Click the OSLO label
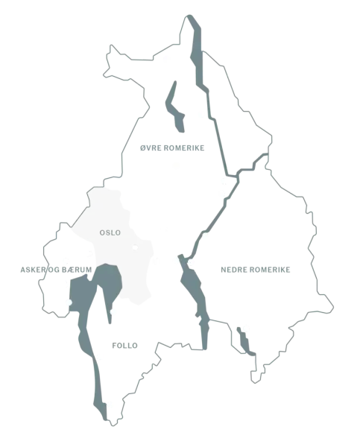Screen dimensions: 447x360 (110, 233)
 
